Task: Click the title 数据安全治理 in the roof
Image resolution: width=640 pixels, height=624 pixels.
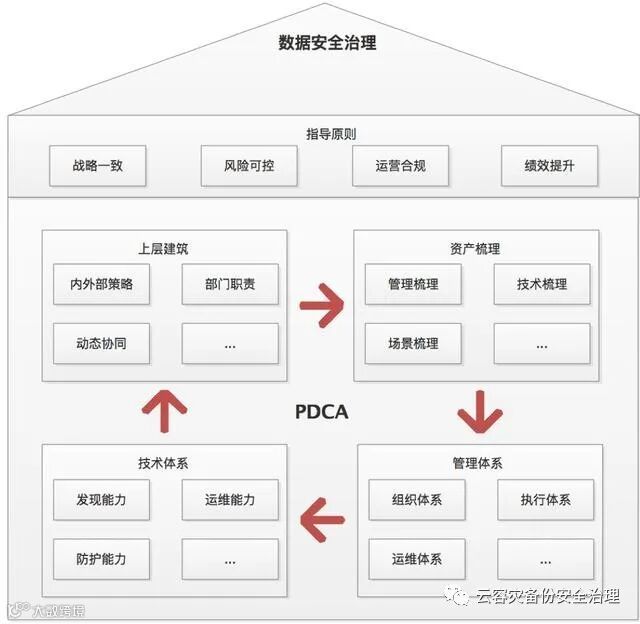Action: point(327,43)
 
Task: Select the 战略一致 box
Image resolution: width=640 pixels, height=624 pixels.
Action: point(97,166)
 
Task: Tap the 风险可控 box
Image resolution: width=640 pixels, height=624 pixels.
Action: point(249,166)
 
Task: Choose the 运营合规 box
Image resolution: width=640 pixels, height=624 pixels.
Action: point(400,166)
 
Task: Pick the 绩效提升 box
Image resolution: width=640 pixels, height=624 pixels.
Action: point(549,166)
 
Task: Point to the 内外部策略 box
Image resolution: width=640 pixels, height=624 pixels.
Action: point(101,284)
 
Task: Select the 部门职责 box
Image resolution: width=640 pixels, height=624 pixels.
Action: point(230,284)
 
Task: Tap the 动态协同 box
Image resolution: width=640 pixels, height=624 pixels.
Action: point(101,343)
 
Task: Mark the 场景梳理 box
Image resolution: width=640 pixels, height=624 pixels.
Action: point(413,343)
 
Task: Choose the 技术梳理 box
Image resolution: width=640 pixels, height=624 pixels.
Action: point(542,284)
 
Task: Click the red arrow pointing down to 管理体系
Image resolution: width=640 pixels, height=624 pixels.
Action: point(478,410)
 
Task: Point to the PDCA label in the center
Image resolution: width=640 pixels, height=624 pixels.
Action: point(322,411)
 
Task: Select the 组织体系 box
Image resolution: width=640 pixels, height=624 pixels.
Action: point(417,499)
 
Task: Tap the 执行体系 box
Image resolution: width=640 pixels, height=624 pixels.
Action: point(546,499)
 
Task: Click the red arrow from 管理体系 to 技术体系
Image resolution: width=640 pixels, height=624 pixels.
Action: point(322,520)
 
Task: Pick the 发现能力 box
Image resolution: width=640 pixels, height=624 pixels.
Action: point(101,499)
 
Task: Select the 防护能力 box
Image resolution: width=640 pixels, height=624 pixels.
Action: point(101,558)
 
